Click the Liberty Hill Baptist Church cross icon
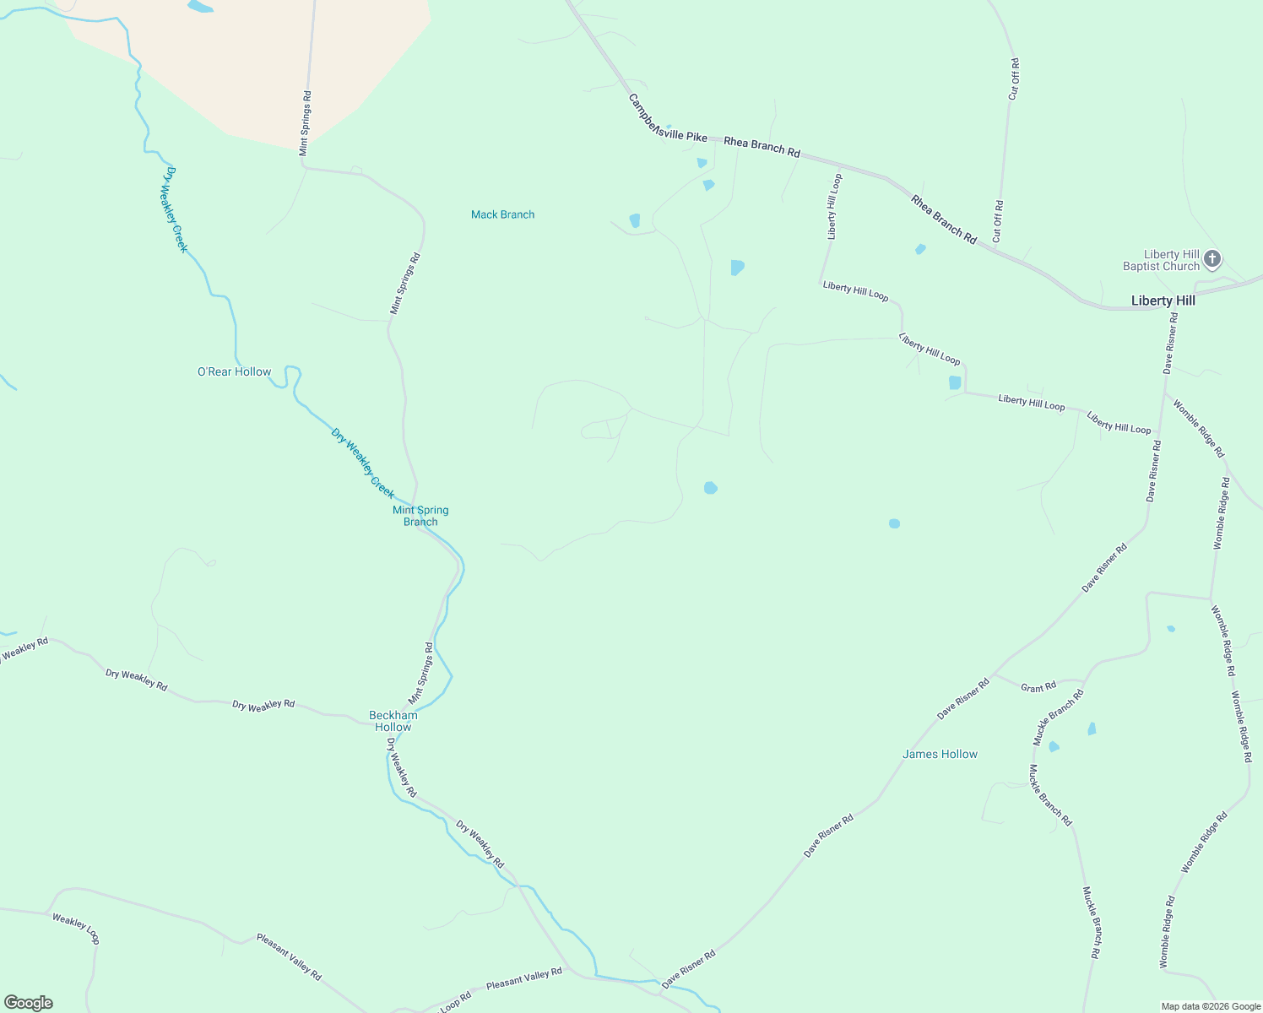[x=1212, y=258]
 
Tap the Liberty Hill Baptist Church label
[x=1161, y=260]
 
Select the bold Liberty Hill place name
[x=1163, y=301]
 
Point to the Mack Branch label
[x=502, y=214]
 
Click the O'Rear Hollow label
[x=234, y=371]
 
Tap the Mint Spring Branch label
[x=420, y=516]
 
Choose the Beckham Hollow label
[x=393, y=721]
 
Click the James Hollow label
[x=940, y=754]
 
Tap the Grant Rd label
[x=1038, y=687]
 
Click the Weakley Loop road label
[x=76, y=929]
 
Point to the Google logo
[x=29, y=1003]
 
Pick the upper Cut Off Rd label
[x=1014, y=79]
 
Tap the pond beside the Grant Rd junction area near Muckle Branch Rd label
[x=1054, y=747]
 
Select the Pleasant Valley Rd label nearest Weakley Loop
[x=289, y=956]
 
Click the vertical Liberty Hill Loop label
[x=833, y=207]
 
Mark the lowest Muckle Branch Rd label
[x=1091, y=922]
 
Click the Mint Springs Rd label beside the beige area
[x=306, y=123]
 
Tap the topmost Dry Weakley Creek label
[x=176, y=209]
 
